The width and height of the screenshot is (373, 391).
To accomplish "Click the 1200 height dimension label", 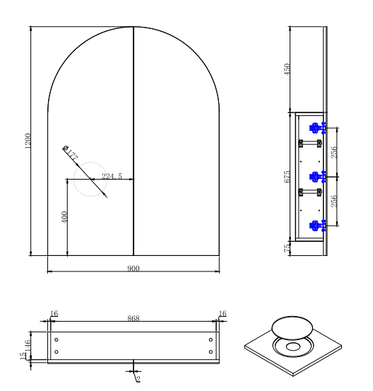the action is tap(28, 141).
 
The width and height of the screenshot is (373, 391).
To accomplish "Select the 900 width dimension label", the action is tap(134, 268).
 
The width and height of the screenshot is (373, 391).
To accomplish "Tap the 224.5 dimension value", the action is tap(112, 176).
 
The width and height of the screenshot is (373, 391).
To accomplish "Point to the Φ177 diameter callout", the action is tap(71, 153).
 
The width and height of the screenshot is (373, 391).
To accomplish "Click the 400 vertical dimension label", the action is tap(64, 217).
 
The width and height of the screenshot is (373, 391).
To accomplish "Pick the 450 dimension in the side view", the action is tap(287, 69).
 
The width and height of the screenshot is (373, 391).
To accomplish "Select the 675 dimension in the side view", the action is tap(287, 177).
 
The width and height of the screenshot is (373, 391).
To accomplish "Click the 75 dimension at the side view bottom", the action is tap(287, 248).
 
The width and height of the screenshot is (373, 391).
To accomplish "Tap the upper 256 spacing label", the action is tap(333, 152).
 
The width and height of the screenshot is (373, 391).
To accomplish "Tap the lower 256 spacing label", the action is tap(333, 201).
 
